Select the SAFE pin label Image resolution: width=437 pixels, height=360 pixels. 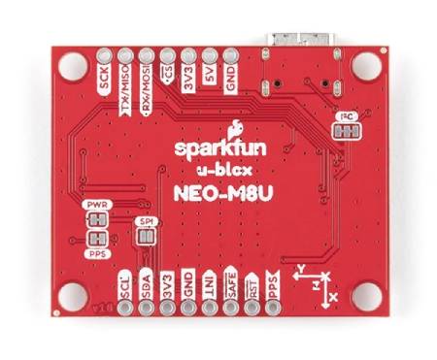(x=232, y=285)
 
